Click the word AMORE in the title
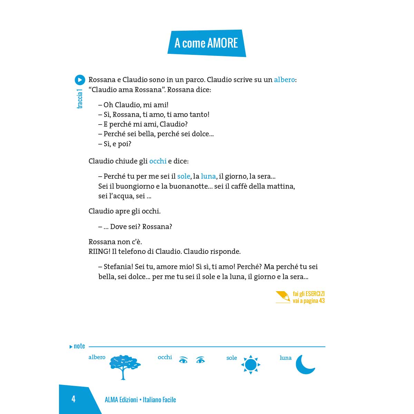(223, 43)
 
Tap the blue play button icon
(80, 80)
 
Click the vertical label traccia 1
(80, 99)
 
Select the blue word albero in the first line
(284, 80)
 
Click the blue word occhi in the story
(158, 161)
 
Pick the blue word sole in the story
(184, 176)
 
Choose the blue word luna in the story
(208, 176)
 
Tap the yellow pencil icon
(283, 297)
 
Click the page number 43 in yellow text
(322, 301)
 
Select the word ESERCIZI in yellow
(315, 294)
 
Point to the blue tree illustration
(125, 366)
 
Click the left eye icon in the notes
(183, 360)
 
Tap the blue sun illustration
(251, 364)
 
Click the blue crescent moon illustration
(305, 365)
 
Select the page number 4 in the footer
(73, 399)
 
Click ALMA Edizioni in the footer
(121, 400)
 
